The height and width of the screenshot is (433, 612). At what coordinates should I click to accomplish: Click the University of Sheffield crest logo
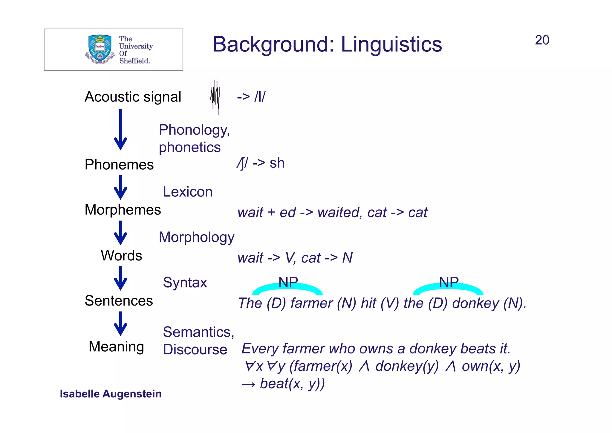pos(100,50)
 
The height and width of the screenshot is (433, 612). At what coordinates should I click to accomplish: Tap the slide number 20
pos(542,40)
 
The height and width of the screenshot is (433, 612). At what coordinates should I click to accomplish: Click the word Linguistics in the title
pos(391,44)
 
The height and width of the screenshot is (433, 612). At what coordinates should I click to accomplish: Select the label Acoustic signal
pos(133,97)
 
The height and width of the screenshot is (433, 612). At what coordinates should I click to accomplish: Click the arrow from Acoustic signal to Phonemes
pos(120,129)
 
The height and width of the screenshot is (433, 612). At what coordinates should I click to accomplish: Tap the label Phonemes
pos(119,165)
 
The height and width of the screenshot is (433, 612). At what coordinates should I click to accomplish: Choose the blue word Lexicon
pos(188,192)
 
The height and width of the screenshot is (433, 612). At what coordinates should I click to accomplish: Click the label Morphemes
pos(123,209)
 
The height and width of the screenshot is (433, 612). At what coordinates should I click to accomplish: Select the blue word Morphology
pos(196,237)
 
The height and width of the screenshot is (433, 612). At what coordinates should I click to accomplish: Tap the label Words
pos(121,255)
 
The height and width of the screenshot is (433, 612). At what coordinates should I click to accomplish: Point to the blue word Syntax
pos(185,282)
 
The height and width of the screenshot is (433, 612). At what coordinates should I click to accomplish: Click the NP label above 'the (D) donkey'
pos(449,282)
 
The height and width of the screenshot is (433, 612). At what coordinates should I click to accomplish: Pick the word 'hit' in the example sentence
pos(368,303)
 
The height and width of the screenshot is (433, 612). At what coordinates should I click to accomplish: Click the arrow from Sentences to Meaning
pos(120,323)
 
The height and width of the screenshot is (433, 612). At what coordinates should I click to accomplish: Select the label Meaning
pos(117,347)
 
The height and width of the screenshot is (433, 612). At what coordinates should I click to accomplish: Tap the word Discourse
pos(195,350)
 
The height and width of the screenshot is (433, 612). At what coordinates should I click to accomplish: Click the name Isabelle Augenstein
pos(111,394)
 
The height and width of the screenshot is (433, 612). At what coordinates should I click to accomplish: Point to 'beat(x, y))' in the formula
pos(292,384)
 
